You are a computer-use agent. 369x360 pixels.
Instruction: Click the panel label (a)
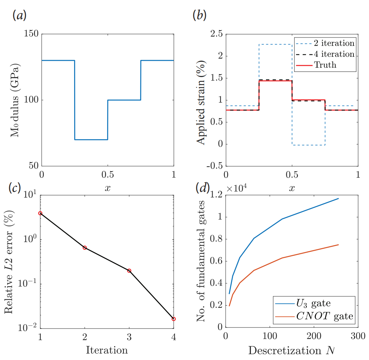(x=19, y=16)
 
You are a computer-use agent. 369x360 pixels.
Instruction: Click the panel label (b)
(x=200, y=16)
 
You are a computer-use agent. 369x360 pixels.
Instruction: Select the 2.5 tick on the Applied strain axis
(x=214, y=34)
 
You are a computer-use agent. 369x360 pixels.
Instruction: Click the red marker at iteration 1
(x=40, y=213)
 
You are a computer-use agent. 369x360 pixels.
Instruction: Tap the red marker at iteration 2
(x=84, y=247)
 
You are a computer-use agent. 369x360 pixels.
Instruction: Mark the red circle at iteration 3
(x=129, y=271)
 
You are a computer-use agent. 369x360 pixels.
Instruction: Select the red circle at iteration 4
(x=173, y=319)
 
